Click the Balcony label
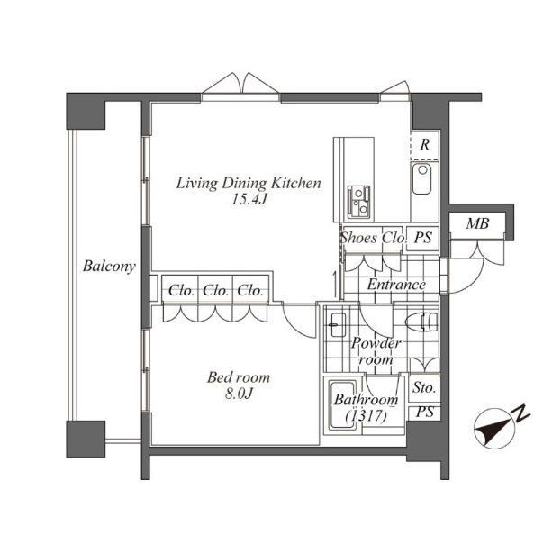coord(109,267)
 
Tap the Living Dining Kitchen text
coord(249,183)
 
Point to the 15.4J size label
coord(249,199)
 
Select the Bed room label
coord(239,377)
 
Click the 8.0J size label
coord(239,394)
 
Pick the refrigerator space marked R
coord(424,145)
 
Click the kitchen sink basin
coord(421,178)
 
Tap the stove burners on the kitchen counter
coord(358,202)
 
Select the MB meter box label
coord(477,223)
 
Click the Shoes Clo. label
coord(373,238)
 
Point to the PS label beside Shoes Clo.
coord(423,238)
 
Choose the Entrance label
coord(396,285)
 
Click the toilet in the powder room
coord(422,322)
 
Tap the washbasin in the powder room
coord(338,325)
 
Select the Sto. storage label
coord(424,387)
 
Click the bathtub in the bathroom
coord(342,405)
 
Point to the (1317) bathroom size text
coord(366,415)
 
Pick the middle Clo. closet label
coord(215,290)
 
